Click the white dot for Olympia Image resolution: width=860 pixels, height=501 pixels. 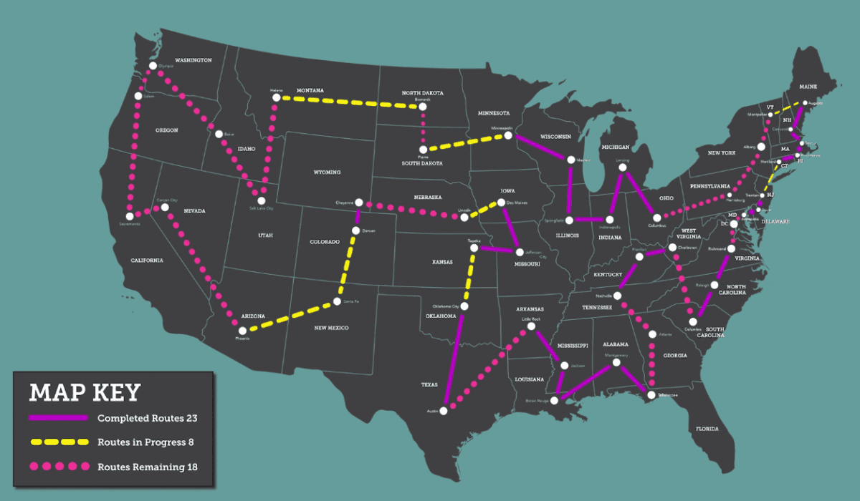pos(153,66)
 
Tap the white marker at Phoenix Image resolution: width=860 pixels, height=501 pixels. pos(242,331)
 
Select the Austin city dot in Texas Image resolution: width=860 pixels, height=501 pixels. pos(444,411)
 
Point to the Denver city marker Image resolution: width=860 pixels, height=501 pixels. pos(355,230)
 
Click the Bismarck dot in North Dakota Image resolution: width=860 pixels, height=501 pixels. pos(423,107)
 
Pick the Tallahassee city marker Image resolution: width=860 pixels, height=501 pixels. pos(651,394)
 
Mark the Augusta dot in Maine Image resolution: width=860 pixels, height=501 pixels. pos(805,103)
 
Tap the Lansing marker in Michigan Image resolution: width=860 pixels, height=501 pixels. pos(622,167)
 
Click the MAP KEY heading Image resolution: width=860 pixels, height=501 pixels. pos(85,393)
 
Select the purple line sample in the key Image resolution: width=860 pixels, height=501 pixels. pos(57,418)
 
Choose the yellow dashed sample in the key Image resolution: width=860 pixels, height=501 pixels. pos(57,442)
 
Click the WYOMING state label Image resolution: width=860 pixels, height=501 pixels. pos(326,172)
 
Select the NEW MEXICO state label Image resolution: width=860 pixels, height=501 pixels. pos(331,328)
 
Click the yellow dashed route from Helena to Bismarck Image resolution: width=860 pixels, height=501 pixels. pos(348,102)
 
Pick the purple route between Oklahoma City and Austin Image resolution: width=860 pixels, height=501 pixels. pos(454,358)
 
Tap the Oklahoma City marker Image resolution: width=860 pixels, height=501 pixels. pos(464,306)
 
